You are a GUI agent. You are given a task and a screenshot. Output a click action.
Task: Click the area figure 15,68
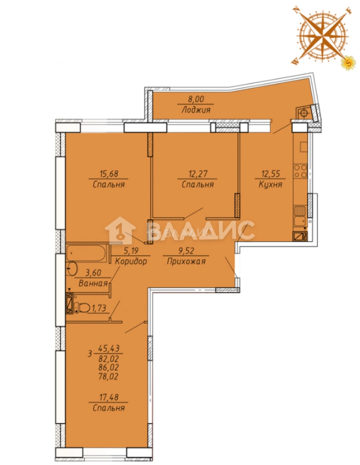[109, 174]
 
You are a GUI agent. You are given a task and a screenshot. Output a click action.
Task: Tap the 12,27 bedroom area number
[197, 174]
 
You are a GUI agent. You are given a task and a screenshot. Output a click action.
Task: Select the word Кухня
[270, 184]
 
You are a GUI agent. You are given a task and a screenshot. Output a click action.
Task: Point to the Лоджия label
[196, 110]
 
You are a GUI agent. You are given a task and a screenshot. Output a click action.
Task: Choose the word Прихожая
[186, 261]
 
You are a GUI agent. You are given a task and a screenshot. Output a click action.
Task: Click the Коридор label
[131, 262]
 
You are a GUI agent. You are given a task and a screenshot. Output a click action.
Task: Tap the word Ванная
[93, 283]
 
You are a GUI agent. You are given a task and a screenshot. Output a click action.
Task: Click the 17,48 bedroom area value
[108, 397]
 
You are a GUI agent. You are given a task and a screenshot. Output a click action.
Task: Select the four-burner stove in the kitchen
[300, 171]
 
